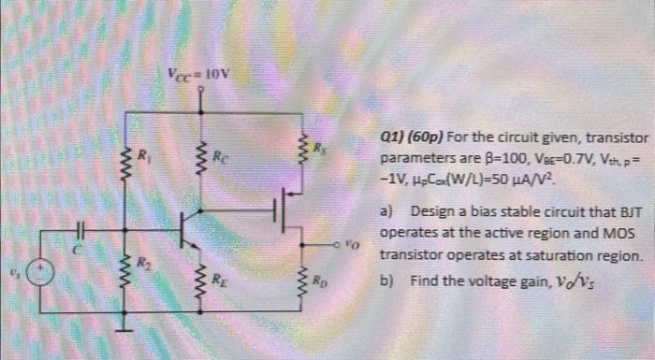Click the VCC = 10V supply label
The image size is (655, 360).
tap(198, 75)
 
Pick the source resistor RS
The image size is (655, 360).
tap(302, 150)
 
